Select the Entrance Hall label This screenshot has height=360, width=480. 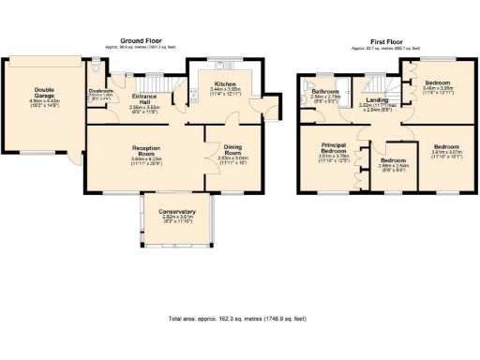tap(145, 101)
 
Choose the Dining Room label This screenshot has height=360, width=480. tap(232, 153)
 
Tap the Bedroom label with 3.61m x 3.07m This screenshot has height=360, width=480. tap(445, 149)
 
